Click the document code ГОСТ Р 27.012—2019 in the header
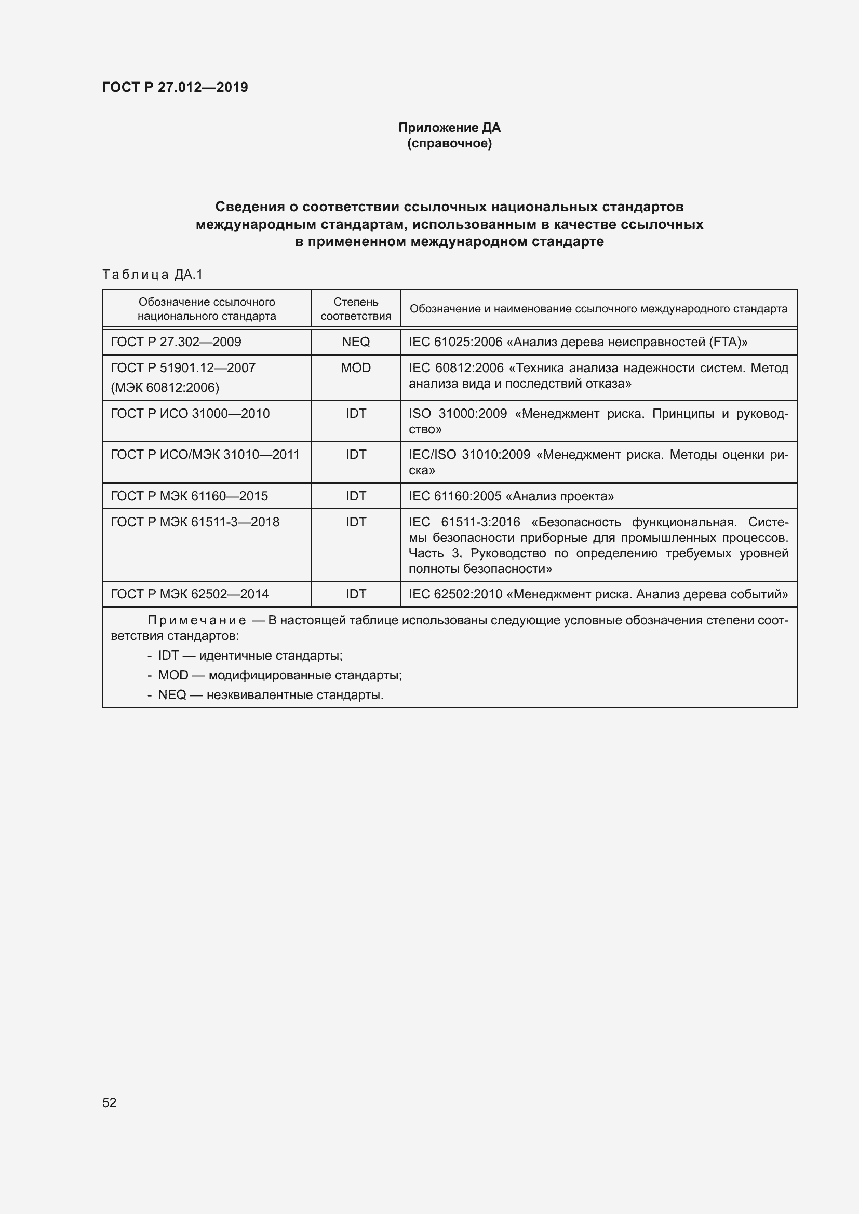pyautogui.click(x=175, y=87)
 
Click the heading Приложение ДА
pyautogui.click(x=449, y=128)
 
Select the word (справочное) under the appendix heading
pyautogui.click(x=449, y=143)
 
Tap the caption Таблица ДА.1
pyautogui.click(x=152, y=274)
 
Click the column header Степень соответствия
pyautogui.click(x=355, y=309)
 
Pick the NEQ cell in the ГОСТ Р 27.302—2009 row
pyautogui.click(x=355, y=342)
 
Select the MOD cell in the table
pyautogui.click(x=355, y=367)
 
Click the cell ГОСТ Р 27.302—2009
pyautogui.click(x=176, y=342)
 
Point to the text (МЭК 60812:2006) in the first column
pyautogui.click(x=165, y=388)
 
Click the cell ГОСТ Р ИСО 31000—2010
pyautogui.click(x=190, y=414)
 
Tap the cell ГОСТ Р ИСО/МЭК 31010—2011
pyautogui.click(x=205, y=454)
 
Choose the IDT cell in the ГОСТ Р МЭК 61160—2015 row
pyautogui.click(x=355, y=496)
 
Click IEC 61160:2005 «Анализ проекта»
pyautogui.click(x=511, y=496)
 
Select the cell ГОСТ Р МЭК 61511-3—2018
pyautogui.click(x=195, y=522)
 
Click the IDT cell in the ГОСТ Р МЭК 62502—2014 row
pyautogui.click(x=355, y=594)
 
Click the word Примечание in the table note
pyautogui.click(x=196, y=620)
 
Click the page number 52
pyautogui.click(x=110, y=1102)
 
